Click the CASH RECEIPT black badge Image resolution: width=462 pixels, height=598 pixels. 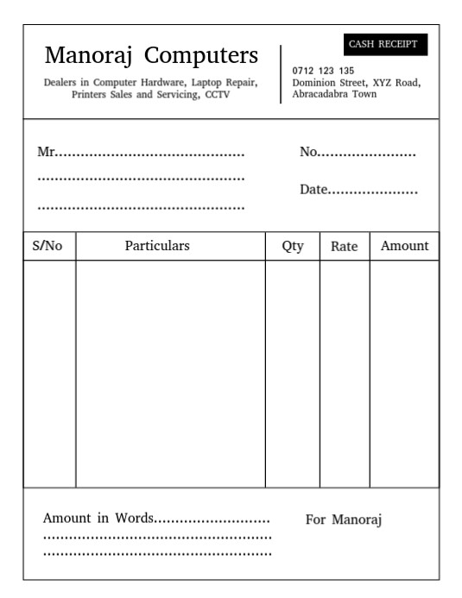pos(383,44)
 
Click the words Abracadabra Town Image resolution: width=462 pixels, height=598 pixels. pos(334,94)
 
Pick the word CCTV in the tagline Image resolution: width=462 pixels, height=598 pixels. pos(218,95)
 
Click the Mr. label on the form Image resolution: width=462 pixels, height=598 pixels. pos(47,153)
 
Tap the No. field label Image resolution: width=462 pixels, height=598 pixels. pos(309,153)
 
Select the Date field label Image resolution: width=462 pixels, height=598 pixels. pos(313,190)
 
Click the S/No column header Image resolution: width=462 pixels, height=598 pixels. pos(48,246)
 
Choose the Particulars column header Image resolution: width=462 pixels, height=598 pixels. pos(157,246)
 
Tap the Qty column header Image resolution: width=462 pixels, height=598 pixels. pos(293,247)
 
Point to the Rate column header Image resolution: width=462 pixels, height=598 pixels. pos(344,247)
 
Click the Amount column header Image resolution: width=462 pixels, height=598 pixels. pos(404,246)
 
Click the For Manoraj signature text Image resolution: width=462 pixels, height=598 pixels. pos(343,520)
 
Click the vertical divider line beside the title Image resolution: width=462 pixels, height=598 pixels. pos(281,74)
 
